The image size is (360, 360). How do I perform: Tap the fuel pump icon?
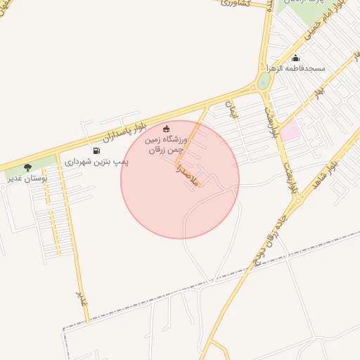(96, 150)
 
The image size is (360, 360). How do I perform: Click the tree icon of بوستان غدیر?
(27, 167)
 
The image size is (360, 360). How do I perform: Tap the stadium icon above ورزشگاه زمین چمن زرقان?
(166, 128)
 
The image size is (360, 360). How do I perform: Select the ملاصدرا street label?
(188, 176)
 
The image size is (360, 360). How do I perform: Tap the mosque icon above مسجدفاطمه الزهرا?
(295, 58)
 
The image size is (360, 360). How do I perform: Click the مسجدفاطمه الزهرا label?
(295, 68)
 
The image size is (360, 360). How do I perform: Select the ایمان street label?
(231, 109)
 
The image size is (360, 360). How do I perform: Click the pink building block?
(290, 129)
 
